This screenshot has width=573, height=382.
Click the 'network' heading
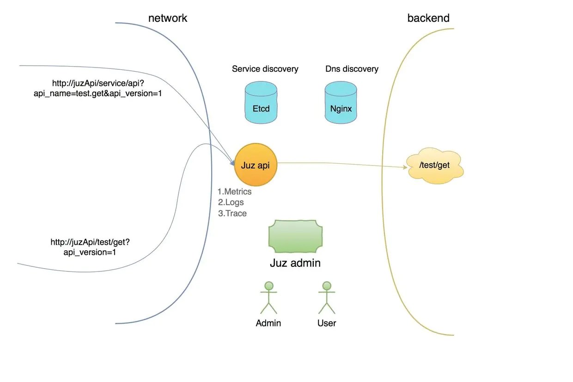168,18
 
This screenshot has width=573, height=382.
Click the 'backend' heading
428,18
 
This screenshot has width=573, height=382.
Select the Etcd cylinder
261,103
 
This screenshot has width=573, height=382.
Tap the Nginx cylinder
341,103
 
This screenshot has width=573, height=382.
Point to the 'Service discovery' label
265,69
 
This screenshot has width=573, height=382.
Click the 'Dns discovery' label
352,69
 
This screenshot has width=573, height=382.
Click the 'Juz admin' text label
295,263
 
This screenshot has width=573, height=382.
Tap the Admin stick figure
268,297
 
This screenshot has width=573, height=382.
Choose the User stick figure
327,297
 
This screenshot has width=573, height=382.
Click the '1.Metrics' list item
235,191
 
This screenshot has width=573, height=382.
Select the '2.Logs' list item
231,202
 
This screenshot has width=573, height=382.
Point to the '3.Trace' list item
232,213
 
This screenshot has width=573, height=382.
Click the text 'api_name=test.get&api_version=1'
98,94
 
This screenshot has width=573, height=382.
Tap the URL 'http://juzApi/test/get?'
93,242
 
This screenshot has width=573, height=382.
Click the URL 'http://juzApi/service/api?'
98,84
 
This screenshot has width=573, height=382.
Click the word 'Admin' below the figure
268,323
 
